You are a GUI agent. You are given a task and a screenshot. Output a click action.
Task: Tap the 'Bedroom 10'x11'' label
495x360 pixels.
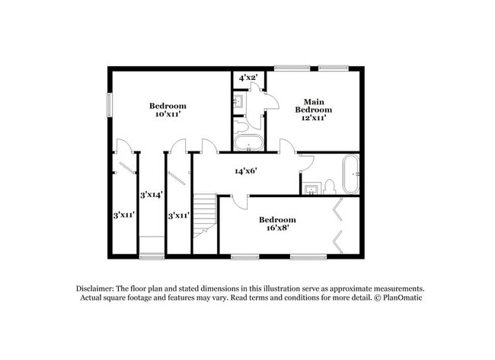pos(168,110)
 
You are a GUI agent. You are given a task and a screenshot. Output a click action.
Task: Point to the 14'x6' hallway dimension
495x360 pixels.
pos(245,171)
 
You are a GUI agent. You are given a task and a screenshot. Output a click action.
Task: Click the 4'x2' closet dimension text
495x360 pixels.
pos(248,78)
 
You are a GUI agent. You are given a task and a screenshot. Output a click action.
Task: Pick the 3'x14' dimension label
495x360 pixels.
pos(152,195)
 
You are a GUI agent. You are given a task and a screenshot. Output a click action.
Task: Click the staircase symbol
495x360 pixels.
pos(204,215)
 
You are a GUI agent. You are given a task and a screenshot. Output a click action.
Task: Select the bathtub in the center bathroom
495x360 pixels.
pos(248,143)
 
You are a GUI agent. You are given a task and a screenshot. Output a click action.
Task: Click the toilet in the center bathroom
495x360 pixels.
pos(241,125)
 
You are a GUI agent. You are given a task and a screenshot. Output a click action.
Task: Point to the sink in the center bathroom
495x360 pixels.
pos(238,100)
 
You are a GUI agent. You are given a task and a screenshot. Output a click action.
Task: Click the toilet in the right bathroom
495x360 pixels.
pos(330,186)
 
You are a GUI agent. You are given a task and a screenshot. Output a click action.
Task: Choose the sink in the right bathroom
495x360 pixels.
pos(311,187)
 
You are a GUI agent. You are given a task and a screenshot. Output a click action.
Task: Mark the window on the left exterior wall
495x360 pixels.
pos(109,104)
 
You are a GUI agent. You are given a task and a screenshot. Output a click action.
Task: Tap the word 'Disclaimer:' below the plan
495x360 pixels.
pos(98,289)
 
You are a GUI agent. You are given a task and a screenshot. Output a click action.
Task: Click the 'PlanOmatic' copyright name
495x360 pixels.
pos(401,298)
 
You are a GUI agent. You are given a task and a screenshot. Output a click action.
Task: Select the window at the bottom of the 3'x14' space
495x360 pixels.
pos(152,256)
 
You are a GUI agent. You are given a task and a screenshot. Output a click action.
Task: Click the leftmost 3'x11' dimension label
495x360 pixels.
pos(124,215)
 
